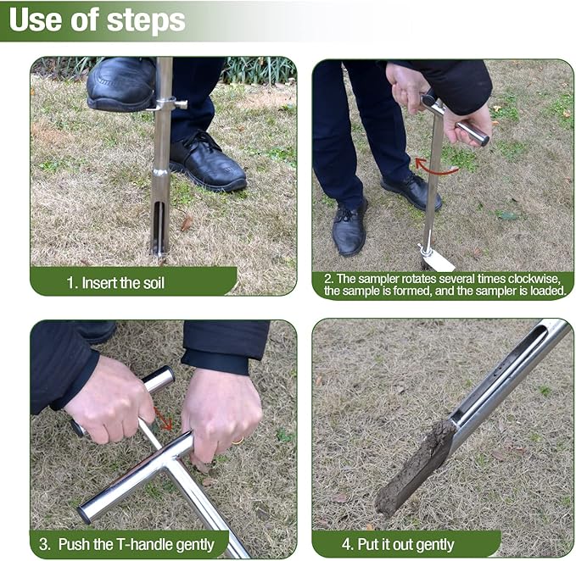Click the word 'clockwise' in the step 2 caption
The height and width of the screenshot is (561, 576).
523,277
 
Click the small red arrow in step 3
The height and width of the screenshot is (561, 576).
163,419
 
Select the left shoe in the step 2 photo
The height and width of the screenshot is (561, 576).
349,227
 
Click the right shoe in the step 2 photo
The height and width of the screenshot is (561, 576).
411,191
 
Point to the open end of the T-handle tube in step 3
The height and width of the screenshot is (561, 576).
85,514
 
